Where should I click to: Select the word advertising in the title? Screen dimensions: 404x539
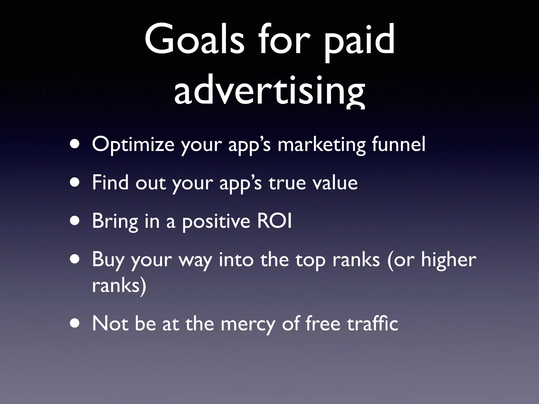269,91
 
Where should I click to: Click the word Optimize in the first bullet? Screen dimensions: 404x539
133,145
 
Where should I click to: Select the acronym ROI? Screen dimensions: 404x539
274,221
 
